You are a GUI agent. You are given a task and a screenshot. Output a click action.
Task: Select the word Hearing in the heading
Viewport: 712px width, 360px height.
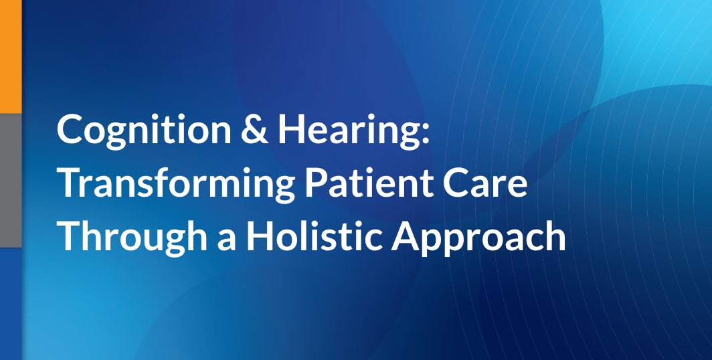point(346,130)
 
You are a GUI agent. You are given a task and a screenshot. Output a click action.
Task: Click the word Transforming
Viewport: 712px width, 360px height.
point(176,184)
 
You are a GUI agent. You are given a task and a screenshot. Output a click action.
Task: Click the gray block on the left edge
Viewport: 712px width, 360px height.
point(11,179)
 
